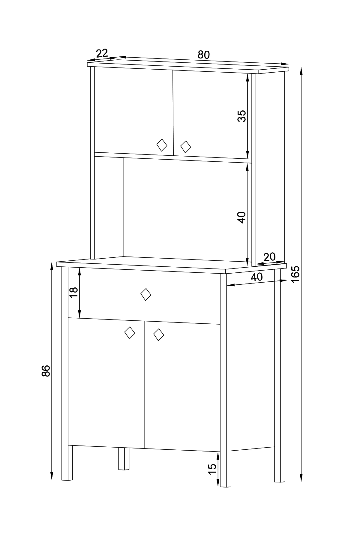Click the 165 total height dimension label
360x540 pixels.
pyautogui.click(x=295, y=274)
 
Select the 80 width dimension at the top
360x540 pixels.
pyautogui.click(x=203, y=55)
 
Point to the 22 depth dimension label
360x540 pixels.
pyautogui.click(x=102, y=53)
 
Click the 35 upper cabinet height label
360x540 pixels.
pyautogui.click(x=241, y=116)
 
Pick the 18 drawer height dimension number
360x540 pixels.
pyautogui.click(x=74, y=292)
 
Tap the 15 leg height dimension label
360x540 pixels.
pyautogui.click(x=212, y=468)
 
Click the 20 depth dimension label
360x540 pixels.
pyautogui.click(x=269, y=257)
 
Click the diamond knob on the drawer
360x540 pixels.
pyautogui.click(x=146, y=295)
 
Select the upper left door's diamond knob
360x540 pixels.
pyautogui.click(x=162, y=145)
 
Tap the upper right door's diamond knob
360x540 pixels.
pyautogui.click(x=186, y=147)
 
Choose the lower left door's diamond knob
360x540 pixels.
pyautogui.click(x=130, y=333)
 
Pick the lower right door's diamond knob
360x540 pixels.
pyautogui.click(x=158, y=334)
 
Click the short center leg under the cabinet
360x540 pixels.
pyautogui.click(x=124, y=458)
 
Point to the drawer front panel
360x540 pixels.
pyautogui.click(x=144, y=296)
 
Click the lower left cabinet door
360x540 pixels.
pyautogui.click(x=106, y=383)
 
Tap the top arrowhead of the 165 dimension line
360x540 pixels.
pyautogui.click(x=301, y=71)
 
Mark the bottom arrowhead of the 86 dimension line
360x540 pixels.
pyautogui.click(x=52, y=476)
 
